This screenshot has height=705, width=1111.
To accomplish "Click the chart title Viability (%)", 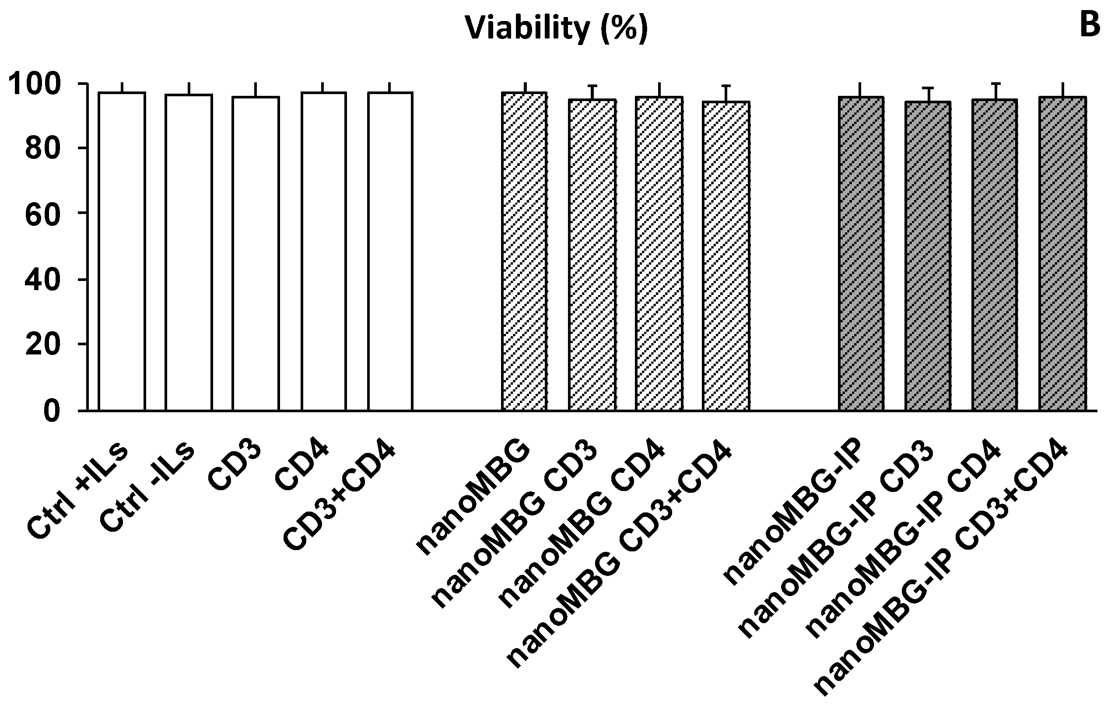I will tap(556, 28).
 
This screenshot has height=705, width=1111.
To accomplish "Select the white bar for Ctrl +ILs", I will tap(122, 252).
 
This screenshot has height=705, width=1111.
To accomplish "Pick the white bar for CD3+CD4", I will tap(390, 252).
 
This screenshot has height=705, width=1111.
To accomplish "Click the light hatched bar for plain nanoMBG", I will tap(525, 252).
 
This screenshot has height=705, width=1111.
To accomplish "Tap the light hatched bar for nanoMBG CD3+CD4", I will tap(726, 256).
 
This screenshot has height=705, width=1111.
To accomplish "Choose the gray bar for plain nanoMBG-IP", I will tap(861, 254).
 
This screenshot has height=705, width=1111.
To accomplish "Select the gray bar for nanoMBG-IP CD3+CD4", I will tap(1063, 254).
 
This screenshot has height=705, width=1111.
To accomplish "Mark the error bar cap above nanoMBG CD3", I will tap(592, 86).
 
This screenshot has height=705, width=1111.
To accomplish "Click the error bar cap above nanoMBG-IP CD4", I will tap(995, 84).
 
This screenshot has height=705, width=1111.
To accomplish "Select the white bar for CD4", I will tap(323, 252).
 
